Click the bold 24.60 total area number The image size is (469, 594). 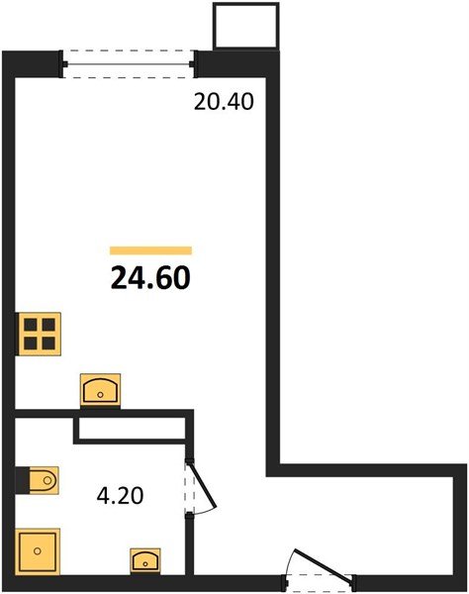click(150, 278)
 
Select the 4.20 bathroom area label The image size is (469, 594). click(122, 492)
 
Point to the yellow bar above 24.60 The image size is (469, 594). click(150, 251)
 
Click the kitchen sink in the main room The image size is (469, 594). click(100, 390)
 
